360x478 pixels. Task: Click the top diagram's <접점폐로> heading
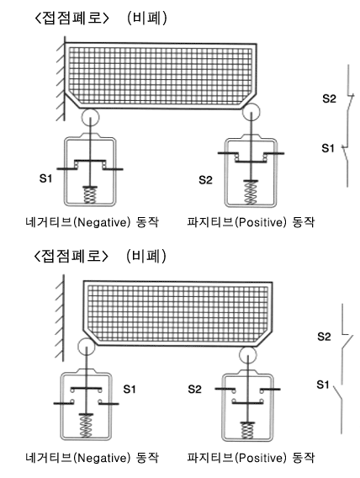71,18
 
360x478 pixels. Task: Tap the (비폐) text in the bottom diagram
146,256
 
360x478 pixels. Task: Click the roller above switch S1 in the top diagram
91,117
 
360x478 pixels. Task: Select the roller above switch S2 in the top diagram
251,112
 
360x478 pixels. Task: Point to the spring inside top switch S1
90,195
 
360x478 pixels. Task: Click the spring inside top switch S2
250,193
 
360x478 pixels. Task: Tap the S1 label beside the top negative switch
46,178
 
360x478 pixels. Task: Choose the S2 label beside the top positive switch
205,180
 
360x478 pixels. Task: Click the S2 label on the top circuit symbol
329,98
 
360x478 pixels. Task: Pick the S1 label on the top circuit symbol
328,148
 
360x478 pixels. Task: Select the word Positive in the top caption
261,222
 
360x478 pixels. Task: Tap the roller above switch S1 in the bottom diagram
87,347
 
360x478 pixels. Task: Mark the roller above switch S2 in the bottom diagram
247,355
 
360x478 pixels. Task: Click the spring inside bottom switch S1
86,426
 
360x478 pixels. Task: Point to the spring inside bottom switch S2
247,431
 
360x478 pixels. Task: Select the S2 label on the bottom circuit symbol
324,337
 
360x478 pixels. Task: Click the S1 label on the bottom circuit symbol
323,385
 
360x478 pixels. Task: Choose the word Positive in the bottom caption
261,458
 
